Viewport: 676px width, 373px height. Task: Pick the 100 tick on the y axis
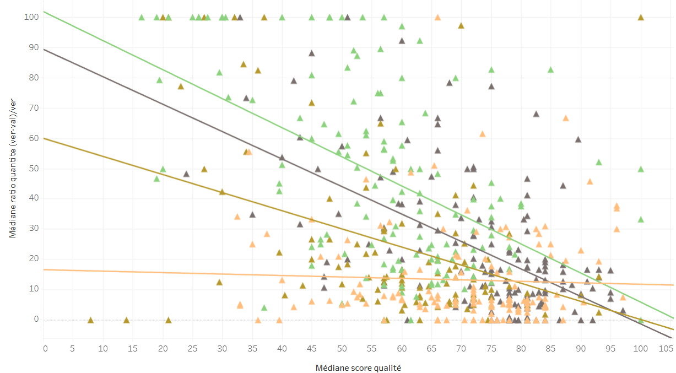[31, 17]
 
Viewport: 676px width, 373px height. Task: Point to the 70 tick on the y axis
[34, 108]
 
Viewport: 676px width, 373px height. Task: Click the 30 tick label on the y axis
[34, 229]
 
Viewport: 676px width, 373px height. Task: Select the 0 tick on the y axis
[36, 320]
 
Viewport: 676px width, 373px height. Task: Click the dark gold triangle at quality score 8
[91, 320]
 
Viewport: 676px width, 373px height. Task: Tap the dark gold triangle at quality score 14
[126, 320]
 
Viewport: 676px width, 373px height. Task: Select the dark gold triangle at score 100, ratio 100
[641, 18]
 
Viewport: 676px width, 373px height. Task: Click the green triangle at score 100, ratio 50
[641, 169]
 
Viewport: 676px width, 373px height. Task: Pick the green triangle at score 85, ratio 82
[550, 70]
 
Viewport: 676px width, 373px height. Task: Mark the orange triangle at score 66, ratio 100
[437, 18]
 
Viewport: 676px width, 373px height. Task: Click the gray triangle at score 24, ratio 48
[186, 174]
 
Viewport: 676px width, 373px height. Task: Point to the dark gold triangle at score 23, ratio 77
[181, 87]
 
